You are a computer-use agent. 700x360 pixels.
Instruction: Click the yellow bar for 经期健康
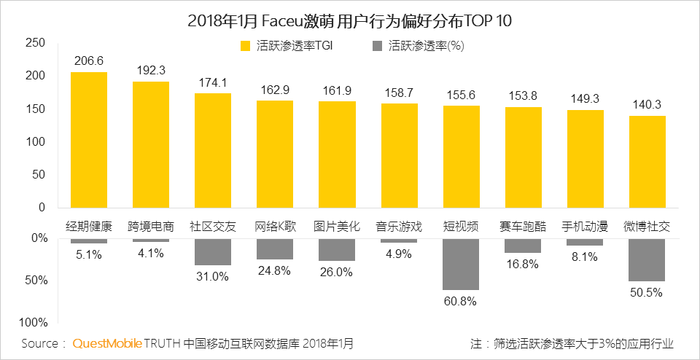(88, 140)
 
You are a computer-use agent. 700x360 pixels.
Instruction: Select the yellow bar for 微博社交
(647, 162)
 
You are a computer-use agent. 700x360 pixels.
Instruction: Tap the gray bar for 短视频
(461, 263)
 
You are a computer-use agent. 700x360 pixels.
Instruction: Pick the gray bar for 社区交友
(212, 251)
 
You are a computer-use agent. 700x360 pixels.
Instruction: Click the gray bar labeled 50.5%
(647, 259)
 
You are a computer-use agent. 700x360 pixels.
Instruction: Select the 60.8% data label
(461, 300)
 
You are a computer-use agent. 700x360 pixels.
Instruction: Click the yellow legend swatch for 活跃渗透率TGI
(245, 46)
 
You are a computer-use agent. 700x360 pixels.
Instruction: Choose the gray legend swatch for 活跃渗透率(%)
(377, 46)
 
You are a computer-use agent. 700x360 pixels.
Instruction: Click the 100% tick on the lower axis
(34, 322)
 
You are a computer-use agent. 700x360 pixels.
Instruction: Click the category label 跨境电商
(151, 225)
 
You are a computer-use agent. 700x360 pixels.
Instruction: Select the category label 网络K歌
(275, 225)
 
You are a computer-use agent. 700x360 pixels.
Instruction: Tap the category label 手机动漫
(585, 225)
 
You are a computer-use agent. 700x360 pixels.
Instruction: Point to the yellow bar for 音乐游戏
(399, 155)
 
